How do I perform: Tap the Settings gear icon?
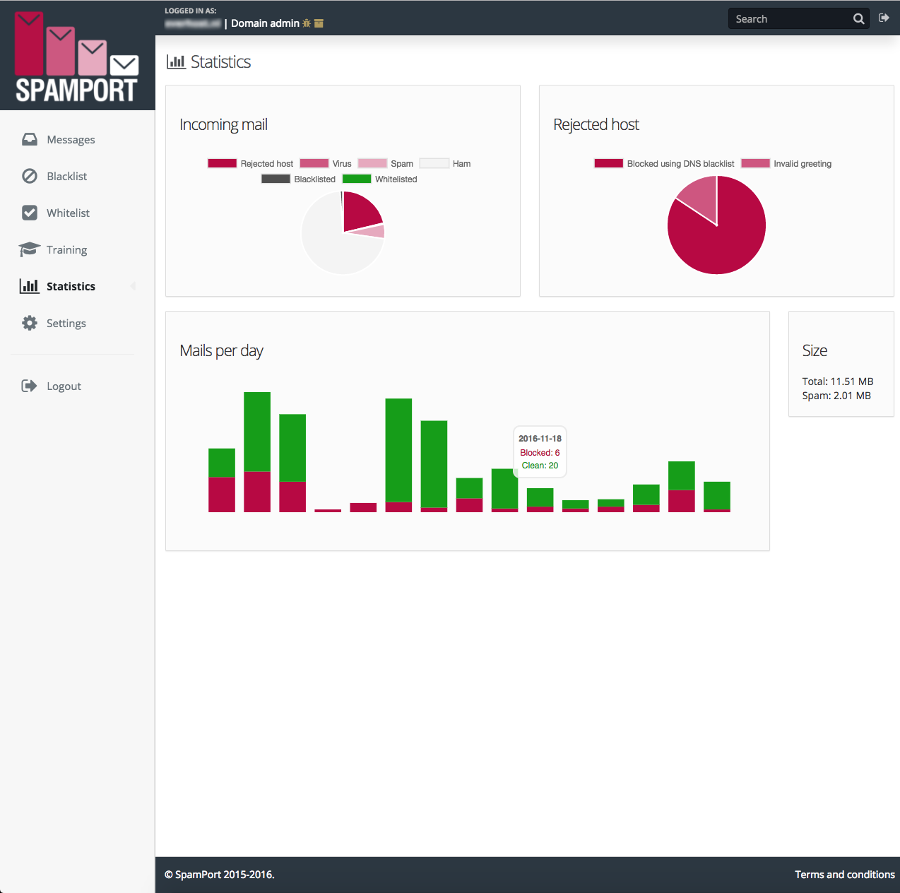pos(30,323)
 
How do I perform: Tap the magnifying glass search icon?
pos(858,19)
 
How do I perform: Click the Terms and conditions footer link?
pos(844,875)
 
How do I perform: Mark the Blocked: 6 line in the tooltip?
pos(540,453)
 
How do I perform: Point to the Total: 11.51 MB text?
pos(837,382)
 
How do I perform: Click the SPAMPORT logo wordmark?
pos(76,90)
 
